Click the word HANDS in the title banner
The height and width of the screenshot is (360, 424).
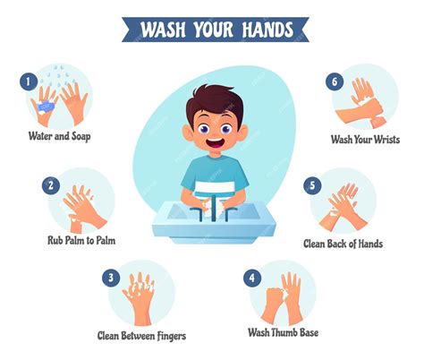click(x=267, y=30)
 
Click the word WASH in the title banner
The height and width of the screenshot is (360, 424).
click(x=163, y=30)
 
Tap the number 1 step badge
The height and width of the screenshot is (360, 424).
click(x=29, y=81)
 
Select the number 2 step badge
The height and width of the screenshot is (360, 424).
click(x=51, y=185)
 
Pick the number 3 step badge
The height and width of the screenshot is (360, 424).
click(x=111, y=278)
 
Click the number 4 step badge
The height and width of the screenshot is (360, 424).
click(x=252, y=278)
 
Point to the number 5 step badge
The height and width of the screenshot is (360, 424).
click(x=312, y=185)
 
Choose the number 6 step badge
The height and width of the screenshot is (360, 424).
click(x=335, y=81)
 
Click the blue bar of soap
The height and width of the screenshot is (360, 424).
click(x=46, y=107)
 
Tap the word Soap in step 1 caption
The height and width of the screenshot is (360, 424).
click(x=81, y=137)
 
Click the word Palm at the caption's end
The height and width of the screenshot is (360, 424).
click(x=105, y=240)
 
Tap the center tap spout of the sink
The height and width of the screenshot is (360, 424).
click(x=214, y=208)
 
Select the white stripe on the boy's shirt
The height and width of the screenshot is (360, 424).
click(x=214, y=187)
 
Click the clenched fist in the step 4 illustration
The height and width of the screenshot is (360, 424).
click(x=275, y=298)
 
